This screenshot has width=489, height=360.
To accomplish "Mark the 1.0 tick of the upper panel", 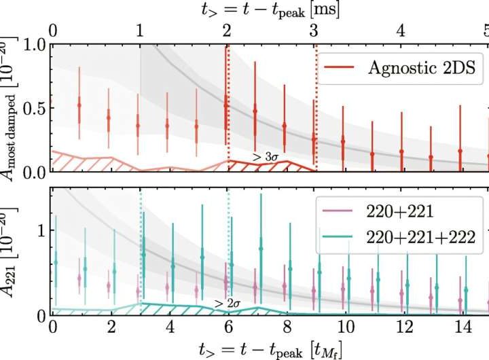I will click(33, 46).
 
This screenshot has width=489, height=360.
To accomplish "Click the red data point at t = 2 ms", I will click(226, 105).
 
